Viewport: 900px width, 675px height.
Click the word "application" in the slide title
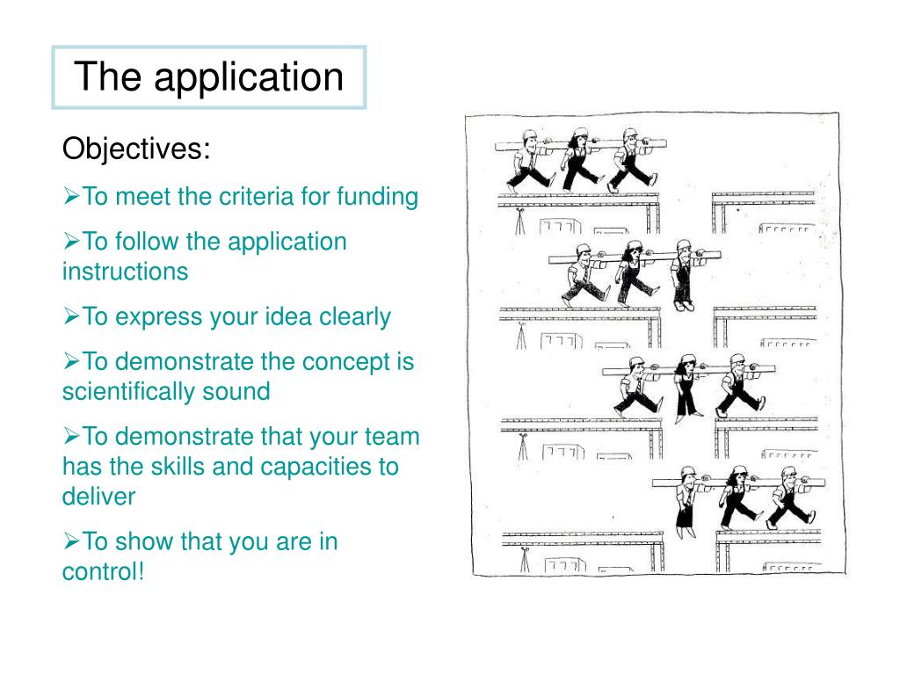[x=249, y=77]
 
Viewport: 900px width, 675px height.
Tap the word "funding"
[x=377, y=196]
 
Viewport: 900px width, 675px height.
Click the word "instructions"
[x=125, y=271]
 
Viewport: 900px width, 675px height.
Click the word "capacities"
[x=316, y=466]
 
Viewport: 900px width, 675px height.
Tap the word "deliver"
[x=98, y=497]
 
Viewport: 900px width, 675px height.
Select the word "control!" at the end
[x=102, y=571]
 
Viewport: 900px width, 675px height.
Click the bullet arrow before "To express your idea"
[x=71, y=316]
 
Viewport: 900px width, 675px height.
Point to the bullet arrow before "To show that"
[x=71, y=541]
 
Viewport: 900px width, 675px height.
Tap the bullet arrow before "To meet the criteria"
[x=71, y=196]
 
